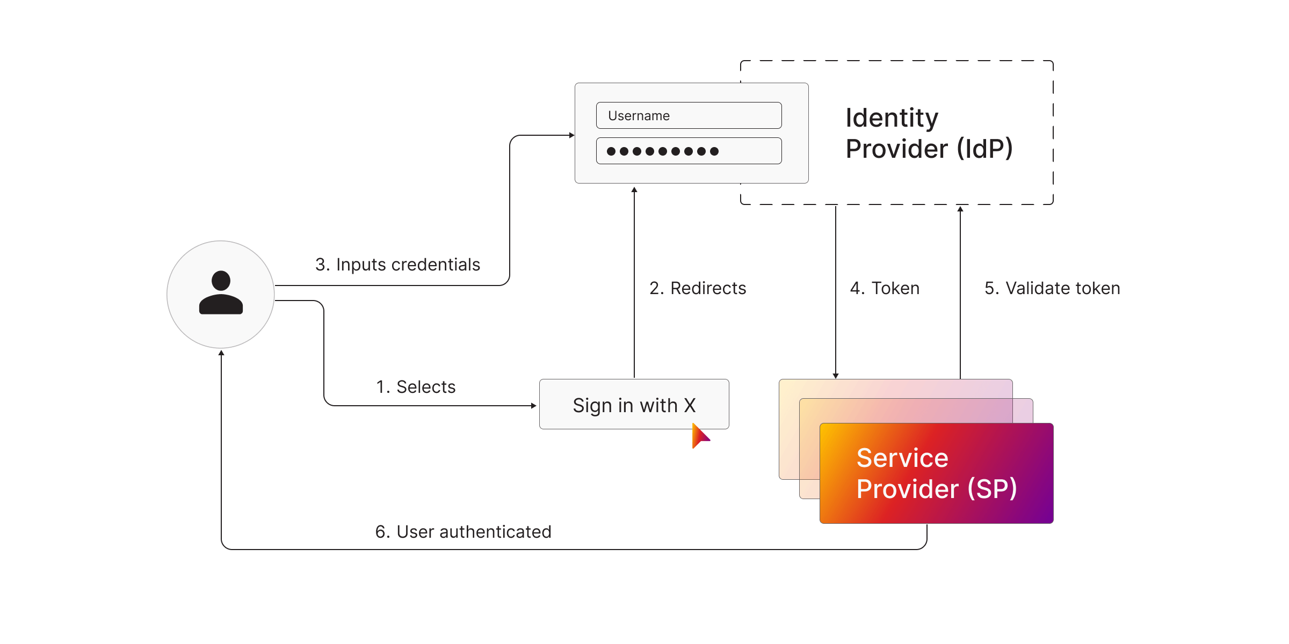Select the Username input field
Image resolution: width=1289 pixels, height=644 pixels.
pos(689,115)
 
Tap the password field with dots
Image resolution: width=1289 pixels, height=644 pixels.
pos(689,151)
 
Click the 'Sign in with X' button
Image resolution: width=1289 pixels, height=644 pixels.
pos(634,404)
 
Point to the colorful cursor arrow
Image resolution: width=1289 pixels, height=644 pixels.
pos(699,436)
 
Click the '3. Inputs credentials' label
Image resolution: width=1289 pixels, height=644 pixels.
pos(397,265)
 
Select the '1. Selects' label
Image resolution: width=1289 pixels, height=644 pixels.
pos(416,387)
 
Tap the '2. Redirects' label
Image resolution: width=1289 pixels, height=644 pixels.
pos(698,288)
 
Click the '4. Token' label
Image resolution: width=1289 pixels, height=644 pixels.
pos(885,288)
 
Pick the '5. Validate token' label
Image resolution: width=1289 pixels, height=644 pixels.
pos(1052,288)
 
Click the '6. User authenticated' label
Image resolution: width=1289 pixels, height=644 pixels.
pos(463,532)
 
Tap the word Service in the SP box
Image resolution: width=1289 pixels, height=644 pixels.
pos(902,458)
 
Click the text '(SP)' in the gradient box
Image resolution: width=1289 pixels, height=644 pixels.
pos(992,489)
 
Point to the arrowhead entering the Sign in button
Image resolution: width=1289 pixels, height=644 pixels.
pos(534,406)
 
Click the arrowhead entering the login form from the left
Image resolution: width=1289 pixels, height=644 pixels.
pos(572,135)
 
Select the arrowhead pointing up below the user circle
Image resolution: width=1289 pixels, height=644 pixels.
pos(221,353)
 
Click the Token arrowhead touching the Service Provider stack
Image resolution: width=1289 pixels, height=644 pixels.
pos(836,376)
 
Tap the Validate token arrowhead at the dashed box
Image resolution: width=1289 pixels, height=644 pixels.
pos(960,209)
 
